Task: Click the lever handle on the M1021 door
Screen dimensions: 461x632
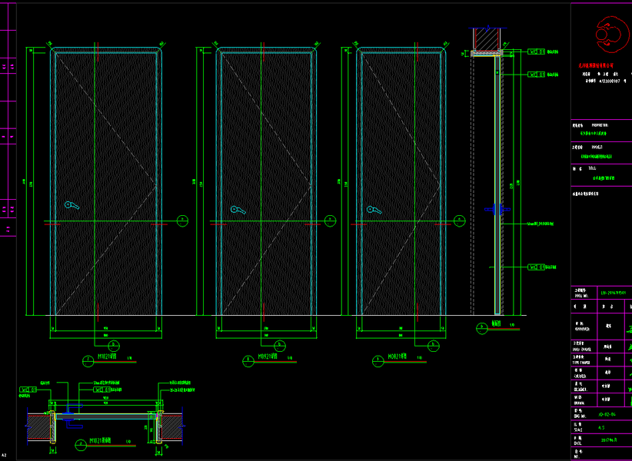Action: click(71, 205)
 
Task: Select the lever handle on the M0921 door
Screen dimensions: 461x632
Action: click(237, 209)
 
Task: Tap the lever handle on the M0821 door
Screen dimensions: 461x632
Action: click(374, 210)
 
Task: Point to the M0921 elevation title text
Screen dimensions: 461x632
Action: click(268, 357)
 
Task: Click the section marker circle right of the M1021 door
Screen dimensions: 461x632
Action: click(181, 221)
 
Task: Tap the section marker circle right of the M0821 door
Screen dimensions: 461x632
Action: click(459, 221)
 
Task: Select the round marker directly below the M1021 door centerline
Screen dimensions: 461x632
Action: click(114, 344)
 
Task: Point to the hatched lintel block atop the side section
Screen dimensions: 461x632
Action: click(486, 38)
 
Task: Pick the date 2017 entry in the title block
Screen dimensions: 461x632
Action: click(608, 443)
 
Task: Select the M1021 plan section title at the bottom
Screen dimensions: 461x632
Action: click(101, 441)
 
